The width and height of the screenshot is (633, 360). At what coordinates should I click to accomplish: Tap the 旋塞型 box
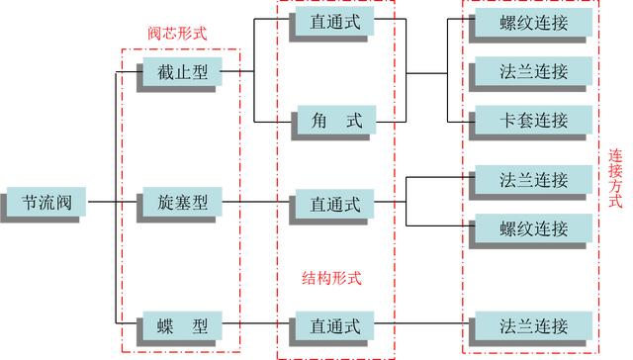(181, 203)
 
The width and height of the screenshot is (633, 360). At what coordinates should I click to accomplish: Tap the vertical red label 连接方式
(615, 177)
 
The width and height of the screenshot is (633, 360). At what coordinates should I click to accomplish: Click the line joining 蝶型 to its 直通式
(257, 324)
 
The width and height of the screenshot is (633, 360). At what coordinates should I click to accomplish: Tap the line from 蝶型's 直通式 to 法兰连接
(425, 324)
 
